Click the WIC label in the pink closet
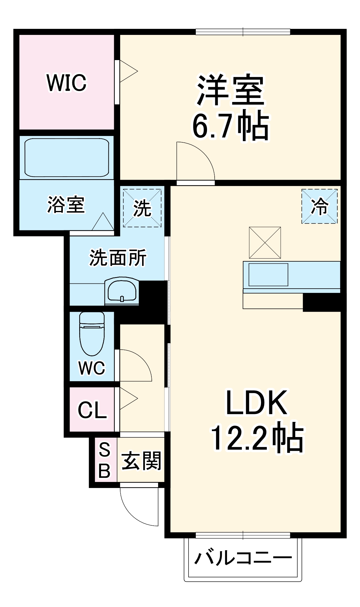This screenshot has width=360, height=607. (x=66, y=83)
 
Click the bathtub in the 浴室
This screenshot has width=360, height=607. (x=66, y=158)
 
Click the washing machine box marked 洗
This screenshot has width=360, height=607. (x=142, y=208)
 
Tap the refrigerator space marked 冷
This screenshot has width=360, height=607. (x=319, y=207)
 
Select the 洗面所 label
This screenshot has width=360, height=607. (x=118, y=258)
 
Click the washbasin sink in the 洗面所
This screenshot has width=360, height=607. (x=122, y=290)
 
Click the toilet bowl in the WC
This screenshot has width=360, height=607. (x=92, y=334)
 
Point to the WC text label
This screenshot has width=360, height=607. (x=92, y=368)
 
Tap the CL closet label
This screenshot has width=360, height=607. (x=92, y=410)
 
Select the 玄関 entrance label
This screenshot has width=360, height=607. (x=141, y=461)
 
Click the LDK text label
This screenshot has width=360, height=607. (x=256, y=403)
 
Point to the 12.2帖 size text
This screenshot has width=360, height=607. (x=256, y=438)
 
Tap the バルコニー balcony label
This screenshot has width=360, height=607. (x=243, y=558)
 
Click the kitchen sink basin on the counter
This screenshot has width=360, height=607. (x=268, y=275)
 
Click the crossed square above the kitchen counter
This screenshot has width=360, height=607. (x=265, y=242)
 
